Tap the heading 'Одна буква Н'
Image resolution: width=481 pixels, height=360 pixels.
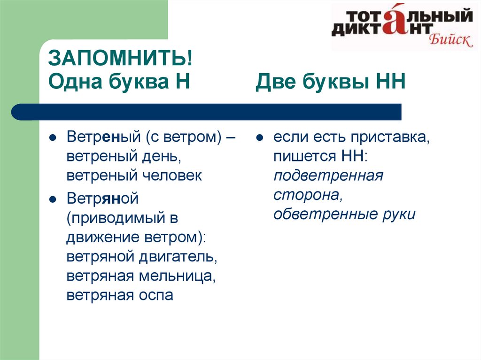tap(119, 82)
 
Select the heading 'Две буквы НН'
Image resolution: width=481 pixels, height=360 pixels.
tap(331, 82)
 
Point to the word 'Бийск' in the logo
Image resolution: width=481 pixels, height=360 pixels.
tap(450, 40)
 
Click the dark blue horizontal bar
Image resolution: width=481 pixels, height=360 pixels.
tap(206, 112)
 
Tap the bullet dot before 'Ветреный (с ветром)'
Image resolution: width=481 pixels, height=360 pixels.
tap(53, 138)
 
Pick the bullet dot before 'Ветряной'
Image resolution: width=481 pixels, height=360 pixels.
tap(53, 199)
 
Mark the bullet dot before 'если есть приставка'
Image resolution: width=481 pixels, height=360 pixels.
tap(260, 138)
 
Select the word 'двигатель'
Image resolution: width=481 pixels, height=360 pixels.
tap(178, 257)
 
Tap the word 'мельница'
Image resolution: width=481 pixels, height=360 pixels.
tap(177, 276)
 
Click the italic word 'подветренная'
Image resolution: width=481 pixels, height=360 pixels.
tap(328, 176)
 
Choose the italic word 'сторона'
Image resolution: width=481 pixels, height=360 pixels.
tap(308, 195)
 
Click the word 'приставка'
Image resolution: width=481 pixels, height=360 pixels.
tap(390, 137)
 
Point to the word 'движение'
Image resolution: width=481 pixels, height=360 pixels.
tap(103, 237)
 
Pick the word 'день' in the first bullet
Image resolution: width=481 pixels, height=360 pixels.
tap(162, 156)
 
